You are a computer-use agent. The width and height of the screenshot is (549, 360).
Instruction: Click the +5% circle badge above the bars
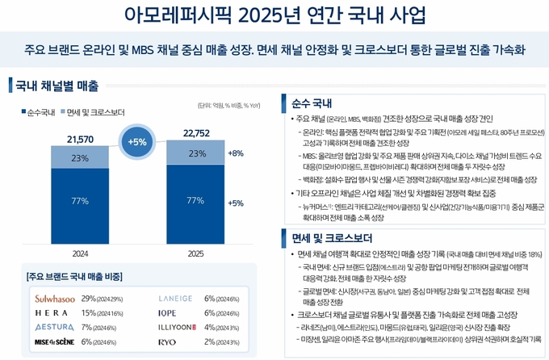point(137,141)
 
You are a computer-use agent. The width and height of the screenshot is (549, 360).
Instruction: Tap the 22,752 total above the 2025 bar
point(195,134)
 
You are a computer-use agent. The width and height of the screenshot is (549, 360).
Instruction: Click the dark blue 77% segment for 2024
point(79,200)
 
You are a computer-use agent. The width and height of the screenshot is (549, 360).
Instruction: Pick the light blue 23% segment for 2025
point(195,153)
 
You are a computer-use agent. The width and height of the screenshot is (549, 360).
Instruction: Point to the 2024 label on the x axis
point(79,253)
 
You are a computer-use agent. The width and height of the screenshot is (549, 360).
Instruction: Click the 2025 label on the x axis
point(195,253)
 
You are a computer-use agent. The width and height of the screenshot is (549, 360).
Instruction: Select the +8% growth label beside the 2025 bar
point(236,153)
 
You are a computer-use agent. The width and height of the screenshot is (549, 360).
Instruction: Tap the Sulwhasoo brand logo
point(55,299)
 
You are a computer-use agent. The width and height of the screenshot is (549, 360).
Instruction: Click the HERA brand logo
point(50,313)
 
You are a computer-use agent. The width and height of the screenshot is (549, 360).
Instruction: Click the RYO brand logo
point(168,341)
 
